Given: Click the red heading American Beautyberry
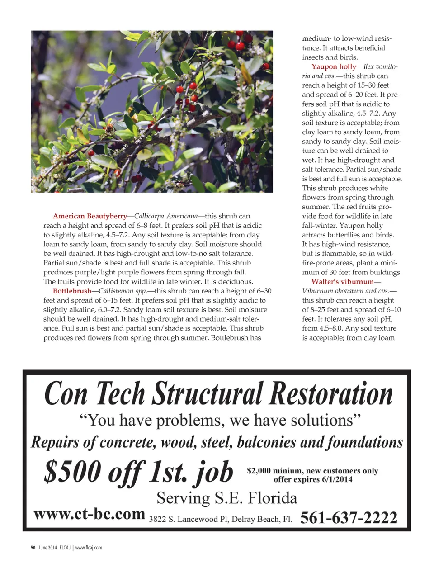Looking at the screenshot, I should tap(90, 216).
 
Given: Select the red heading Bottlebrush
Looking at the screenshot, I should tap(72, 291).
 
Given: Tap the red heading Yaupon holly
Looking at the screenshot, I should tap(333, 66).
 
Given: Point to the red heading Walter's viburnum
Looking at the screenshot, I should tap(342, 282).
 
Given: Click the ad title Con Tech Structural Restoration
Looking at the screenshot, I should tap(218, 393).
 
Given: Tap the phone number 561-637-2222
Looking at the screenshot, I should tap(349, 517).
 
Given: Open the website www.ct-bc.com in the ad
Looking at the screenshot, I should tap(89, 514).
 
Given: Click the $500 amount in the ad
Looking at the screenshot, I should tap(72, 472).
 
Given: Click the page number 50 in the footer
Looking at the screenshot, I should tap(33, 548).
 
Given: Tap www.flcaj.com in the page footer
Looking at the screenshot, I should tap(89, 548).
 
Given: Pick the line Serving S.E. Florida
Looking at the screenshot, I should tap(226, 498).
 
